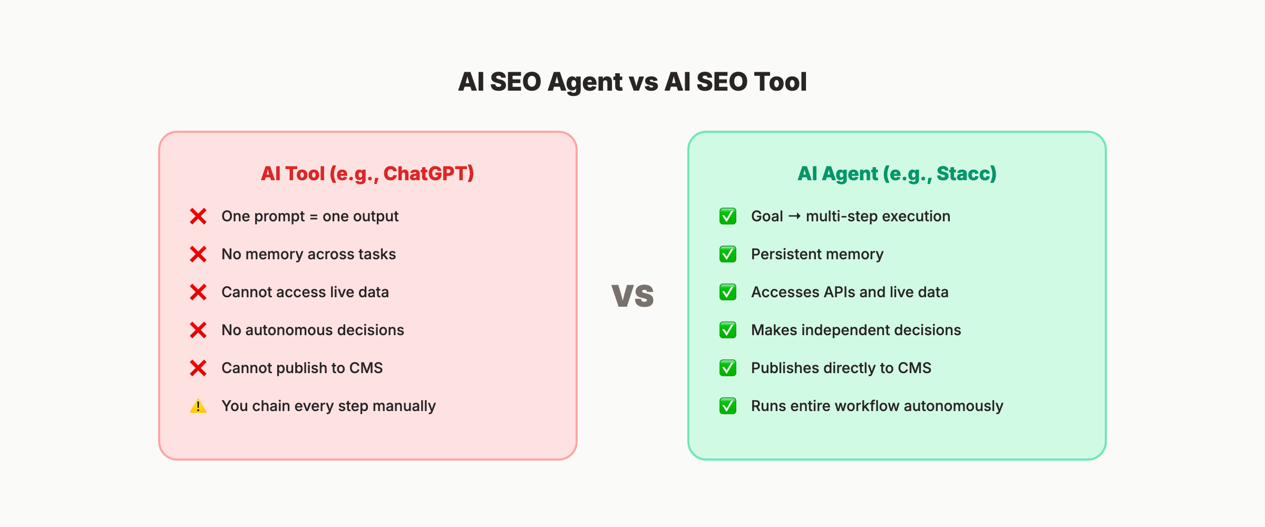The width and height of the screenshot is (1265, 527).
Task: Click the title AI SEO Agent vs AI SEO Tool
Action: coord(632,82)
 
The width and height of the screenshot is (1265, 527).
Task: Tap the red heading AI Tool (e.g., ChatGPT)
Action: coord(367,173)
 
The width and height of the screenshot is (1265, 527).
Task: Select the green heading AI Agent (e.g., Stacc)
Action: coord(897,173)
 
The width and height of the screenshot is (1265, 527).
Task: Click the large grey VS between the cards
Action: coord(632,296)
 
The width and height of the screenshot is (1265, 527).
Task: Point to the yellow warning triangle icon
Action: coord(198,406)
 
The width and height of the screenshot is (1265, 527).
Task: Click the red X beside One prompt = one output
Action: coord(198,216)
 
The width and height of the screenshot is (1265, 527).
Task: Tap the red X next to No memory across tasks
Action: coord(198,254)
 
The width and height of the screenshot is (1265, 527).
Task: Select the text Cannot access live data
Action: coord(305,292)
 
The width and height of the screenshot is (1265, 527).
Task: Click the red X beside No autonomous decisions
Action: coord(198,330)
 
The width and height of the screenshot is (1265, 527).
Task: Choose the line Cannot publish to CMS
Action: coord(301,368)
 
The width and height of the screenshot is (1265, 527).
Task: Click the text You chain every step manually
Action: coord(328,406)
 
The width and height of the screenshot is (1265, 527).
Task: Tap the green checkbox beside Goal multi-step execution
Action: coord(728,216)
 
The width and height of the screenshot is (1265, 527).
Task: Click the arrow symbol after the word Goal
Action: coord(794,216)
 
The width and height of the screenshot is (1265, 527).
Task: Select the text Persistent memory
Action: coord(817,254)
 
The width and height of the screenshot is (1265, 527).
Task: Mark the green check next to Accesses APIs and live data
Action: coord(728,292)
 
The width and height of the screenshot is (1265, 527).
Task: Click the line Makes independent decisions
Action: coord(855,330)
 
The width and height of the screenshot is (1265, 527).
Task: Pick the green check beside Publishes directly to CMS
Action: coord(728,368)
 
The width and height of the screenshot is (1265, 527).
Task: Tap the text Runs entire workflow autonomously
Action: coord(877,406)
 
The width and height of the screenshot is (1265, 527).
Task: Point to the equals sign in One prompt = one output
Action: coord(314,217)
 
